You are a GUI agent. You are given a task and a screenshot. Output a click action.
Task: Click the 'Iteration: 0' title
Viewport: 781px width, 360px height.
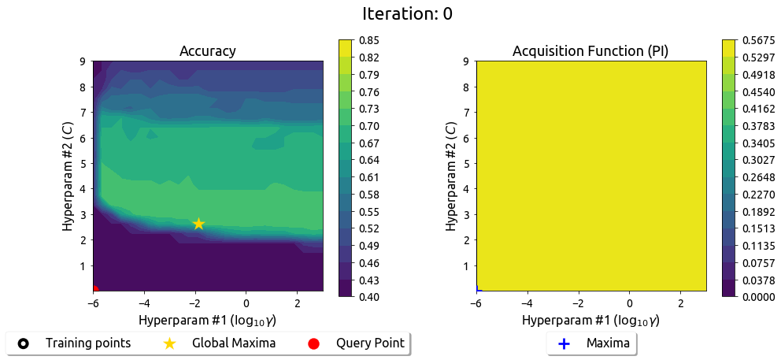[407, 14]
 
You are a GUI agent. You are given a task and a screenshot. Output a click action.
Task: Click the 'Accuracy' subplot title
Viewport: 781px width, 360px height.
[208, 51]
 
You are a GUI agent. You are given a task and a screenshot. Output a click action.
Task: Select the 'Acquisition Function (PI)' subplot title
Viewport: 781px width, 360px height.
[590, 51]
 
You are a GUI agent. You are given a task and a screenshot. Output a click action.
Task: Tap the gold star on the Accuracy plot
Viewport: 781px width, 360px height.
[198, 224]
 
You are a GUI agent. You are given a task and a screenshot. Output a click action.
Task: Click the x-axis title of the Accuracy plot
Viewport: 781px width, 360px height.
[208, 321]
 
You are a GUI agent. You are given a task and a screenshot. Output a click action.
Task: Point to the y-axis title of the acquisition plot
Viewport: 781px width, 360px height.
[450, 176]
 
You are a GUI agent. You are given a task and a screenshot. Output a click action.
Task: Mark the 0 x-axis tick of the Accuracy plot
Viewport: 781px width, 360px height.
[246, 303]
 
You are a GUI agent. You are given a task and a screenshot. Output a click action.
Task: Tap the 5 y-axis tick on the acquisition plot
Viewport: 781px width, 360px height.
[466, 163]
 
